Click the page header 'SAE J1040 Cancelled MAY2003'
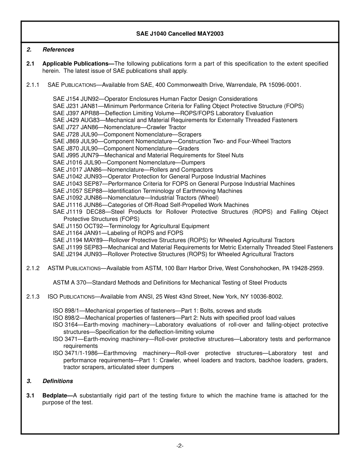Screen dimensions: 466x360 180,34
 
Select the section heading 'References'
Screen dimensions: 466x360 58,50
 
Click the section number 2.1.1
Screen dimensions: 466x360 33,85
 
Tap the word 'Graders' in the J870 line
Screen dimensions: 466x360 188,149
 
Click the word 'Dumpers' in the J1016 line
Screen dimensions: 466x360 193,163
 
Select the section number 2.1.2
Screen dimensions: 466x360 33,268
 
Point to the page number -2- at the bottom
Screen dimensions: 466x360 180,446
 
